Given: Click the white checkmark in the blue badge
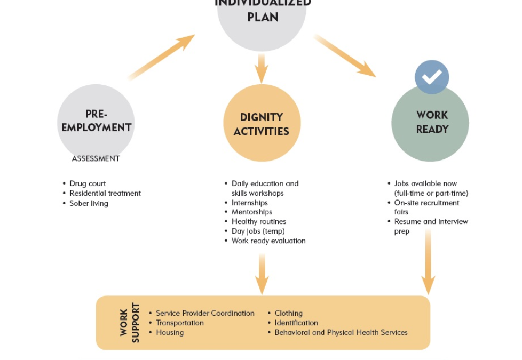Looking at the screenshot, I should [432, 77].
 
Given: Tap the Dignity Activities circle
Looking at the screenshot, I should [262, 123].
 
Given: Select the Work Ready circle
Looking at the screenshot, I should [430, 123].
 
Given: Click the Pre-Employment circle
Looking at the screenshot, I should [96, 122].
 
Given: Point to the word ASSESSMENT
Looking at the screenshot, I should [96, 158].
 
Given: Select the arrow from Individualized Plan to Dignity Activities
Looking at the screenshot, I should [262, 67].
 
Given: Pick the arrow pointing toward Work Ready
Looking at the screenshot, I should [345, 55].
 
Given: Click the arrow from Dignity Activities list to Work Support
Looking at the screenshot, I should [262, 274].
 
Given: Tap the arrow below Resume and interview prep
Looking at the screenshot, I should [428, 262].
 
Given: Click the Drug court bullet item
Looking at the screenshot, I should [88, 183].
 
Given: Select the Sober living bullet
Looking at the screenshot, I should [89, 203].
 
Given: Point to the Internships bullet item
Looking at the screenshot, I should [249, 203].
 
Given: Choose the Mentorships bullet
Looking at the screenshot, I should [251, 212].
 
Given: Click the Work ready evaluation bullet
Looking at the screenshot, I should [268, 241].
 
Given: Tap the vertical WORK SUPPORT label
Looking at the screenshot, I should [130, 323].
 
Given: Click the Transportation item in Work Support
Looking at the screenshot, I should [179, 323].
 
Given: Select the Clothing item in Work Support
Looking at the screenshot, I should [288, 313].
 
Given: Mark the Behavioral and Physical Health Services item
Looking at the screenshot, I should [341, 332].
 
